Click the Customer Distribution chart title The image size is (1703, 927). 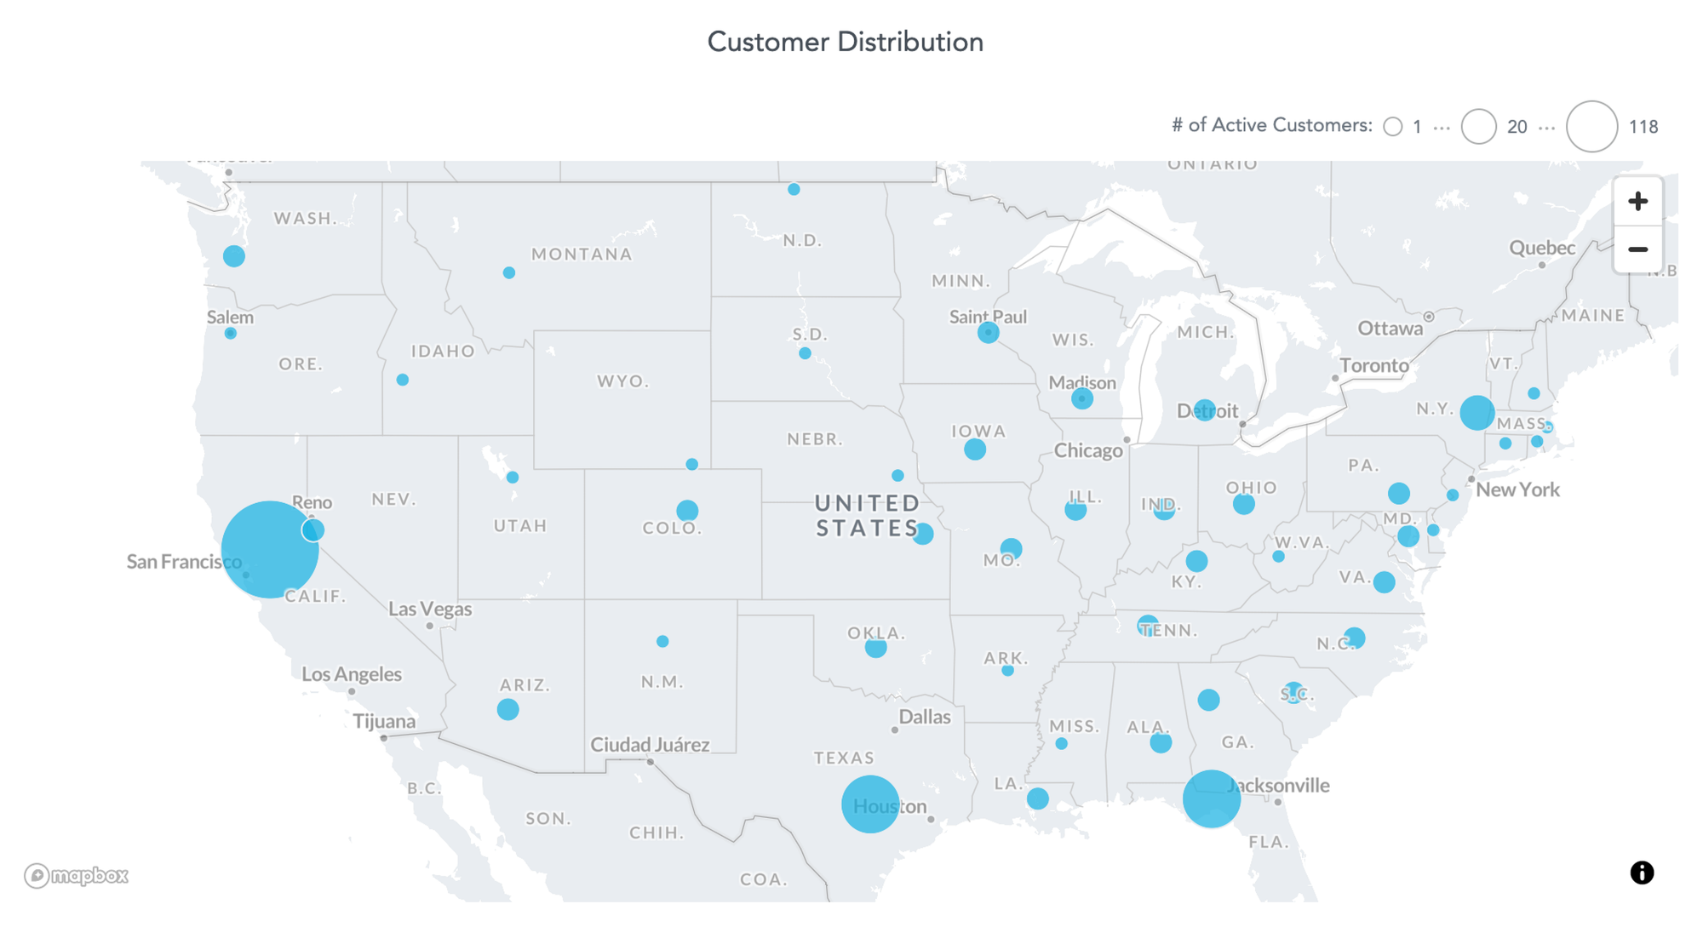[x=845, y=42]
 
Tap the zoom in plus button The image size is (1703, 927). [x=1637, y=202]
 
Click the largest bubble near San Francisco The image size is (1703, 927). [x=269, y=550]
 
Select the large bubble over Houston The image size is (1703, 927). [x=869, y=804]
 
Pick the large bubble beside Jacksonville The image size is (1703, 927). [x=1211, y=798]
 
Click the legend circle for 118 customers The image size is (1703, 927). [x=1591, y=127]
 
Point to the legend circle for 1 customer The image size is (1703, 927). [x=1393, y=127]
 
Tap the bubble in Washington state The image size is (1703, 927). [x=234, y=255]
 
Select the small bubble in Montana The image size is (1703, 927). [x=508, y=273]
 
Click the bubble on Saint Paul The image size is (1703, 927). [x=988, y=332]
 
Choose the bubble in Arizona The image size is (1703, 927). [x=507, y=709]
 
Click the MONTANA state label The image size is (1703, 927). [x=582, y=254]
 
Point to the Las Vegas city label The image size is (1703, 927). [x=430, y=609]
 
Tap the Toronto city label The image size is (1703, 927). [x=1374, y=365]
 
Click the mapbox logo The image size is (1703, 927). [x=76, y=875]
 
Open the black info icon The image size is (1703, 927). [x=1642, y=873]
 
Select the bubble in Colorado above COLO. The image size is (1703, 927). [x=687, y=511]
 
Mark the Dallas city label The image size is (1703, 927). [x=925, y=717]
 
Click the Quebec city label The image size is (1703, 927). [x=1542, y=248]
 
